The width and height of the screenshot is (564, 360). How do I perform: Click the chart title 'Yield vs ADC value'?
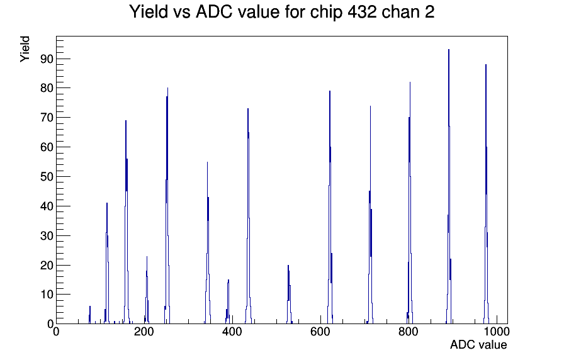(x=205, y=11)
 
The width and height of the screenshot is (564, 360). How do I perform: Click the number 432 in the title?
(x=362, y=11)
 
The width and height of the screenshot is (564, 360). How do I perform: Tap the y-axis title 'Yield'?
(x=25, y=49)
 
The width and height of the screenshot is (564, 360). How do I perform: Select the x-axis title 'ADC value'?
(x=478, y=344)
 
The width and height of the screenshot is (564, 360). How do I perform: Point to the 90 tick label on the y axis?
(x=47, y=59)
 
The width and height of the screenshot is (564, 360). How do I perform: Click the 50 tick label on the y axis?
(x=47, y=177)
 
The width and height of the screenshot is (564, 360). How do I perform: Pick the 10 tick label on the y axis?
(x=47, y=295)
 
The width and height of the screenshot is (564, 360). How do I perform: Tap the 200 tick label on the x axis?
(x=144, y=332)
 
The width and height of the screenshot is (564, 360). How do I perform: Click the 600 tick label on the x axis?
(x=320, y=332)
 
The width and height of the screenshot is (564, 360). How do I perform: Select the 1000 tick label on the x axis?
(x=497, y=332)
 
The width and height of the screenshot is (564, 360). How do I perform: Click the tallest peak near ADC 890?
(x=449, y=187)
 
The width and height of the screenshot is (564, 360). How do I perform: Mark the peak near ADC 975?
(x=486, y=194)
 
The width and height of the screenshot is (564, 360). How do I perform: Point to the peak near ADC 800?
(x=410, y=203)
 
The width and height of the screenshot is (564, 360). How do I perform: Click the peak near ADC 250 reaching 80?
(x=167, y=206)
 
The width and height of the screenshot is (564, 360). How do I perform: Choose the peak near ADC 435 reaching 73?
(x=248, y=216)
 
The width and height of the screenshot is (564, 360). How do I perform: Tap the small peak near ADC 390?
(x=228, y=302)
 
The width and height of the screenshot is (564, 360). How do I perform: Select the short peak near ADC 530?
(x=289, y=295)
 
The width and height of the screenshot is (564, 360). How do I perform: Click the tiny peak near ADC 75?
(x=89, y=315)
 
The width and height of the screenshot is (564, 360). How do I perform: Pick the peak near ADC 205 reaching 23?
(x=147, y=290)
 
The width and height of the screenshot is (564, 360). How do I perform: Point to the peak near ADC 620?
(x=330, y=207)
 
